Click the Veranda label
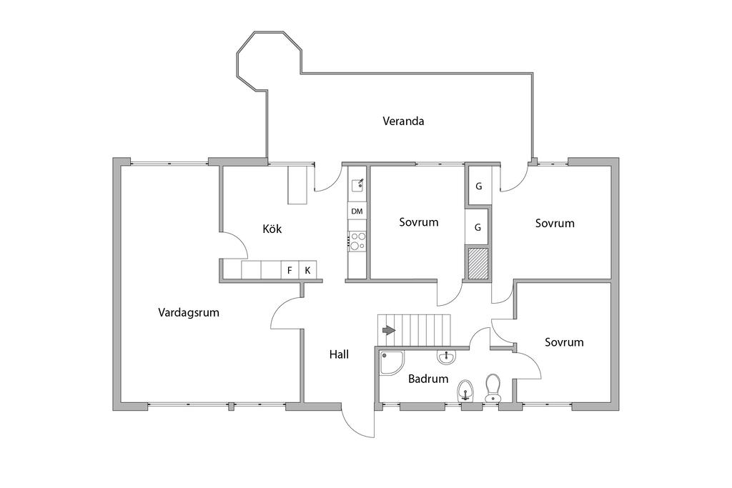click(403, 121)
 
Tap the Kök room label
click(272, 229)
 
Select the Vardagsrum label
click(188, 312)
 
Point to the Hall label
click(339, 354)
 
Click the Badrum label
click(427, 379)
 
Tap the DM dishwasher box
click(357, 211)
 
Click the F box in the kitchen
click(290, 270)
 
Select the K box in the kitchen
click(307, 270)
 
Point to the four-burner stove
click(357, 241)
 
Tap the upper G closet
click(478, 186)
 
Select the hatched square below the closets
click(477, 262)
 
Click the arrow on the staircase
click(388, 330)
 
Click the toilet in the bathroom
click(493, 387)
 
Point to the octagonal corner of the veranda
click(268, 61)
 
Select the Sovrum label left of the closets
click(418, 222)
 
